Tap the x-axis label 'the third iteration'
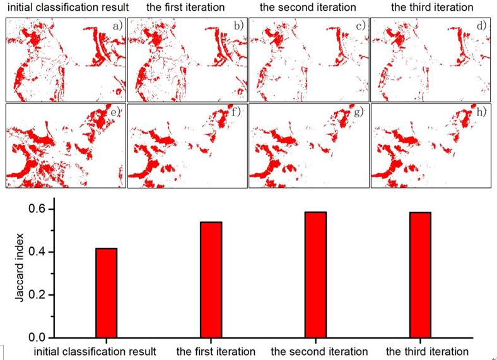tap(427, 351)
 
